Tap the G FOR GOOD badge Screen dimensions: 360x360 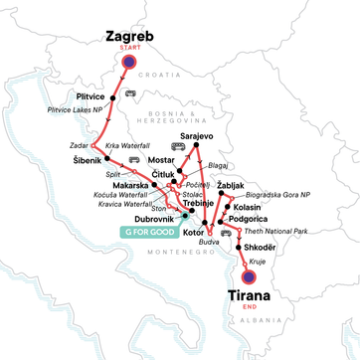coord(147,232)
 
